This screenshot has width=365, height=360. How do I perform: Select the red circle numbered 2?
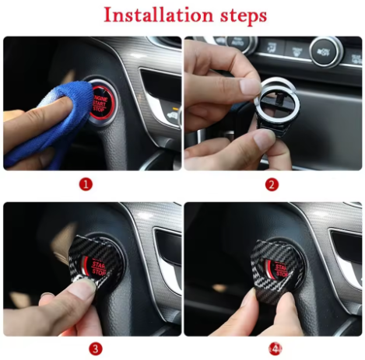(272, 184)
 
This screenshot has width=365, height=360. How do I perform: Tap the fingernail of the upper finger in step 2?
(250, 85)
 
